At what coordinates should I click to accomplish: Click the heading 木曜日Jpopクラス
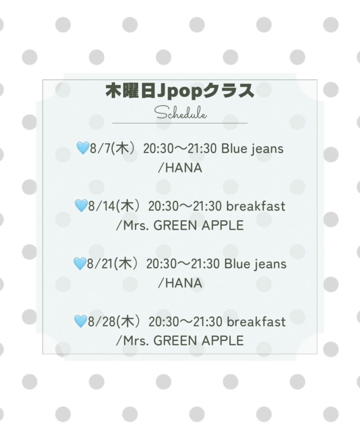tap(180, 90)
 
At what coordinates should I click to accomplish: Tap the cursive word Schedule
tap(181, 114)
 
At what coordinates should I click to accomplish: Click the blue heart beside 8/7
tap(83, 148)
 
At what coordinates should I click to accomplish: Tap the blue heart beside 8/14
tap(81, 206)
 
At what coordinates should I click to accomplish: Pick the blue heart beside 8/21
tap(80, 263)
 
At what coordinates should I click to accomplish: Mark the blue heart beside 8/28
tap(81, 321)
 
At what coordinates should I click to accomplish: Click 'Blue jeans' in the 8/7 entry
tap(252, 149)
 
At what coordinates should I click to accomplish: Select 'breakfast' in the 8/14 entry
tap(256, 206)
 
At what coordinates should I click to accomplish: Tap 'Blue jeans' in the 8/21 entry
tap(255, 264)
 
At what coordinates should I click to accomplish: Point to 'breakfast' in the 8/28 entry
tap(256, 322)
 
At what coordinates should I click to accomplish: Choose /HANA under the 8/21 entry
tap(180, 283)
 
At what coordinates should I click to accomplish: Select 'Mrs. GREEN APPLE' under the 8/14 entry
tap(184, 225)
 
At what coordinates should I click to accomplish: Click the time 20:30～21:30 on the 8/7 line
tap(180, 149)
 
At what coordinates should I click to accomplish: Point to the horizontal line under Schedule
tap(180, 123)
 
